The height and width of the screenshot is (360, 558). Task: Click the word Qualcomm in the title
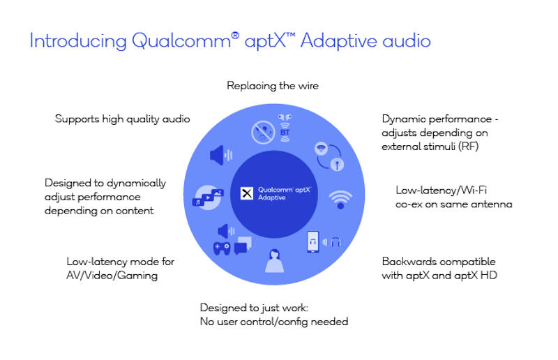[x=181, y=41]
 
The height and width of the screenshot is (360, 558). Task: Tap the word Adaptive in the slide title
[x=339, y=41]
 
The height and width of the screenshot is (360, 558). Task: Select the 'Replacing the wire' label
[x=273, y=86]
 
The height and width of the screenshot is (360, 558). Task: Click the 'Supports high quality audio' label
[x=123, y=119]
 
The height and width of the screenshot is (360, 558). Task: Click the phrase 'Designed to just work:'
[x=254, y=308]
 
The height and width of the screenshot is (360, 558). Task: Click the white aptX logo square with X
[x=247, y=193]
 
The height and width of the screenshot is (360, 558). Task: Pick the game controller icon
[x=222, y=248]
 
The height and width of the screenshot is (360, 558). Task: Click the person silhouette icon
[x=274, y=261]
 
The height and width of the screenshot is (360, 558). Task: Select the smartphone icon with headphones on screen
[x=312, y=242]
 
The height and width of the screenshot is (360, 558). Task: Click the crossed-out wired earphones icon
[x=263, y=133]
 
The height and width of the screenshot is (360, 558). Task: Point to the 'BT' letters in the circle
[x=285, y=133]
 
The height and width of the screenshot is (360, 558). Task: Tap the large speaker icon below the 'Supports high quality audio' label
[x=221, y=156]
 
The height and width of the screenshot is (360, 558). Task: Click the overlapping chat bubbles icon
[x=243, y=246]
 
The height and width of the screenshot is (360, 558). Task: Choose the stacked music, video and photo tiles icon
[x=208, y=197]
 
